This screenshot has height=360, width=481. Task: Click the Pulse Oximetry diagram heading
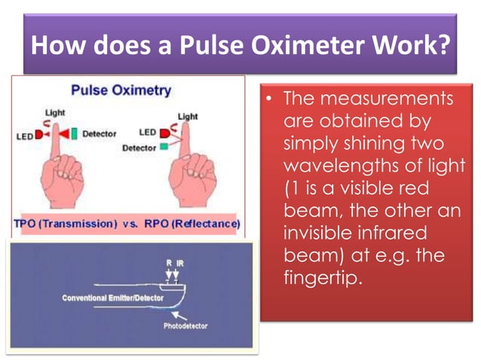121,90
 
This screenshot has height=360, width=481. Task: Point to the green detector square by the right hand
164,148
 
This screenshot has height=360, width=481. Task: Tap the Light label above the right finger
188,117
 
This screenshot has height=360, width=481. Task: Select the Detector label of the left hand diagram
99,134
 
